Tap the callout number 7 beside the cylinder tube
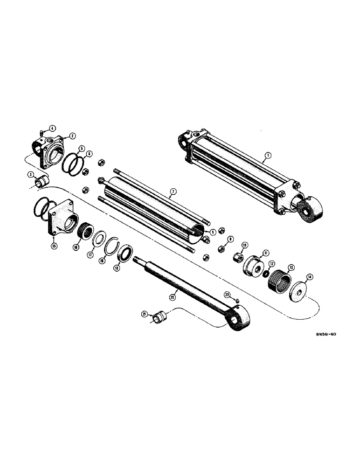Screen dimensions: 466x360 pos(173,192)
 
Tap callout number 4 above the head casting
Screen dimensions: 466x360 pos(52,128)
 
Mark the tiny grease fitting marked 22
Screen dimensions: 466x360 pos(237,301)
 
